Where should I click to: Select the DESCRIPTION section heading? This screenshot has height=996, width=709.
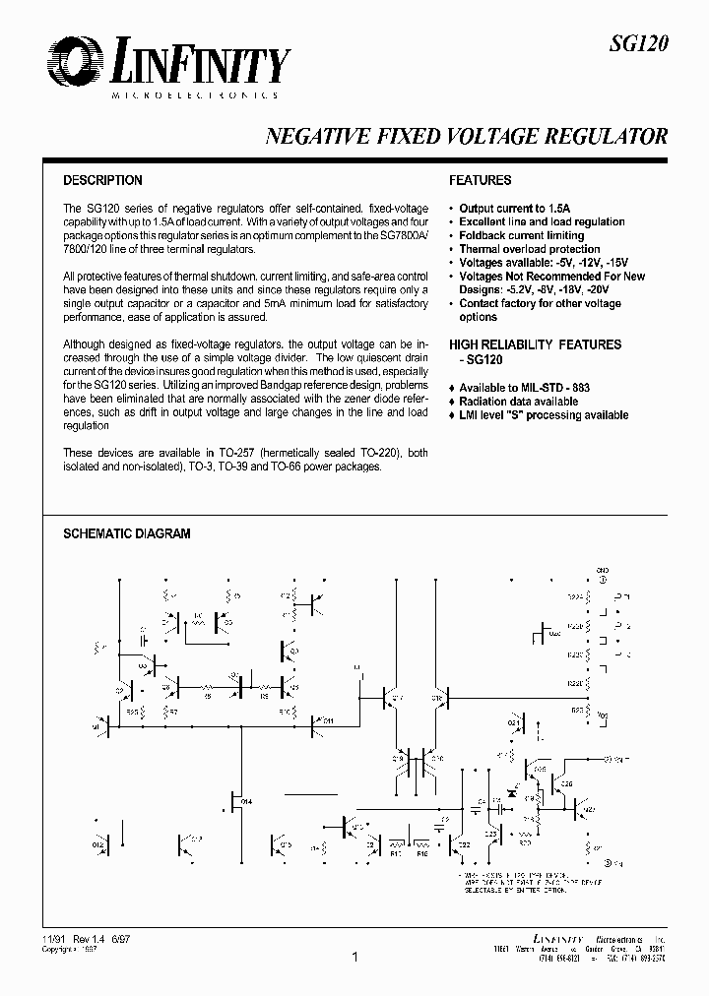(102, 181)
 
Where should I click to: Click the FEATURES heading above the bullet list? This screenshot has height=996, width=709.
(480, 181)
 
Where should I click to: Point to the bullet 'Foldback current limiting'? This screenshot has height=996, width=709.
(521, 236)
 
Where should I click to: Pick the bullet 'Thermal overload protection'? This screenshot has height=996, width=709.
(529, 250)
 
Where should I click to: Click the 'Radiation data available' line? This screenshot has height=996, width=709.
(518, 402)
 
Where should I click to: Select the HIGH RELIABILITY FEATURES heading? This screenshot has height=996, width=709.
(535, 344)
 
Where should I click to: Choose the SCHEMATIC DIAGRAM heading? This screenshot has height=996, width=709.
(126, 533)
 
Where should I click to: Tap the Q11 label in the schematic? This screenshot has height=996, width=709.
(327, 721)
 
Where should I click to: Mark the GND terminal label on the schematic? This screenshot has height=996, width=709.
(603, 570)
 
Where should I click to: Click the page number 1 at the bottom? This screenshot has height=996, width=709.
(354, 957)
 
